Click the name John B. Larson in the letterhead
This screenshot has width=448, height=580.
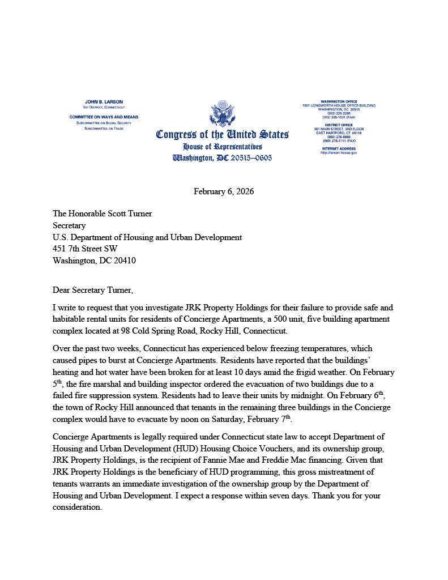(x=104, y=101)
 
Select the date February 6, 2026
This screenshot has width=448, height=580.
(x=224, y=191)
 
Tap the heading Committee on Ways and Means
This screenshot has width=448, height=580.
(x=104, y=117)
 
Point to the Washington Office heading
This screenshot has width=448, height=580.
(x=338, y=101)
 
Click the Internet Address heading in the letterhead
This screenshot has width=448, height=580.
(x=338, y=148)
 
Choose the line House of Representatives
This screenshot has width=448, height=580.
(x=222, y=147)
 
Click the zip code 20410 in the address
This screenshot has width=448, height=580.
(x=124, y=261)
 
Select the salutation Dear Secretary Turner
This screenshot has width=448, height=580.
(x=93, y=291)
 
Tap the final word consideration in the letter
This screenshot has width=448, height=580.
(x=76, y=507)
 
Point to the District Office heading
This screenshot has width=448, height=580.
(x=338, y=125)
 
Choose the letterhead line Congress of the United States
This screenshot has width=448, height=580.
(x=222, y=135)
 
